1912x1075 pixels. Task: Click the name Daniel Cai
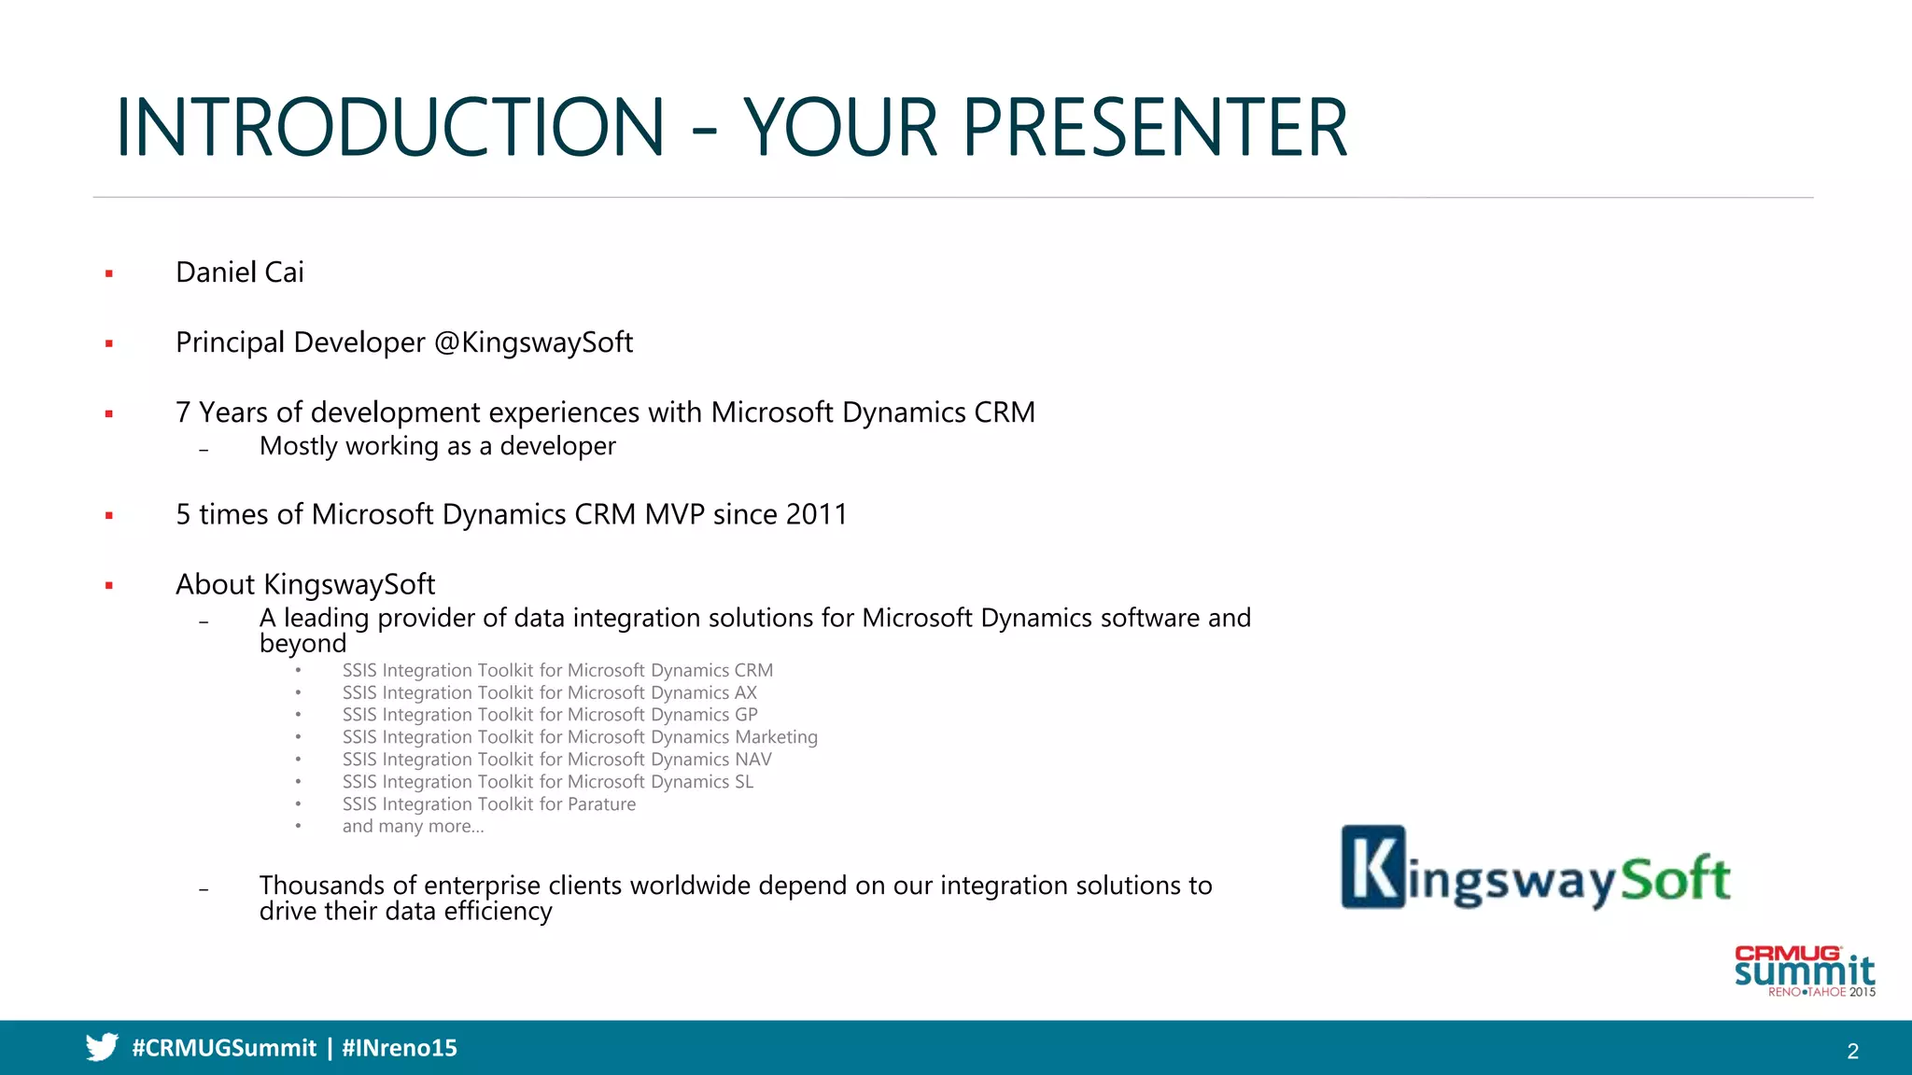pyautogui.click(x=240, y=272)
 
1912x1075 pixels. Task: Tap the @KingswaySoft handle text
pyautogui.click(x=534, y=342)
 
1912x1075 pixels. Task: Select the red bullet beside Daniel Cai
pyautogui.click(x=109, y=273)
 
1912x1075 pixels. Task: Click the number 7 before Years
pyautogui.click(x=183, y=412)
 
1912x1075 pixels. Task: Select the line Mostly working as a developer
pyautogui.click(x=437, y=446)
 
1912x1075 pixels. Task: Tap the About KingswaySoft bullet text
pyautogui.click(x=305, y=584)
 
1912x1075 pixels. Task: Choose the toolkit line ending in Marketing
pyautogui.click(x=579, y=737)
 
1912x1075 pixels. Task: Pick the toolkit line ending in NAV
pyautogui.click(x=556, y=760)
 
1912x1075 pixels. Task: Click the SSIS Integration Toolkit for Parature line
pyautogui.click(x=488, y=804)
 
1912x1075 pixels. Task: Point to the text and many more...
pyautogui.click(x=413, y=827)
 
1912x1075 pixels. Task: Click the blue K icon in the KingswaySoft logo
pyautogui.click(x=1373, y=867)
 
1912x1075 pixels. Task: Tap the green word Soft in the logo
pyautogui.click(x=1676, y=878)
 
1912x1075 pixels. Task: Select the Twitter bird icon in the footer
pyautogui.click(x=102, y=1047)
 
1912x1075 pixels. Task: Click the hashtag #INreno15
pyautogui.click(x=400, y=1048)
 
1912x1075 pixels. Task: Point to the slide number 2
pyautogui.click(x=1852, y=1052)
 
